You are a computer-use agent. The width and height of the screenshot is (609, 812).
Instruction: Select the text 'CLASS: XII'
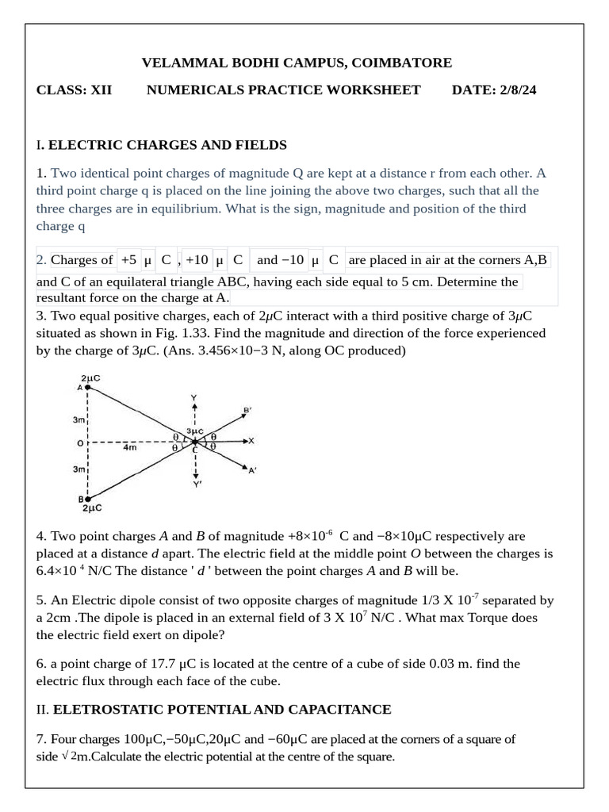pyautogui.click(x=75, y=90)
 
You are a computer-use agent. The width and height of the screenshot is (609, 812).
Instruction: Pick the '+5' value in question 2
pyautogui.click(x=129, y=259)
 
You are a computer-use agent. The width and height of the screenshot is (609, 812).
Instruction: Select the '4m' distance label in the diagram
pyautogui.click(x=130, y=448)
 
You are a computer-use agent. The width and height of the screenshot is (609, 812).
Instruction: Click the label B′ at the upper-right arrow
pyautogui.click(x=247, y=410)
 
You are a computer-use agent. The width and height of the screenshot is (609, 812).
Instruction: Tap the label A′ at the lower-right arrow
pyautogui.click(x=252, y=471)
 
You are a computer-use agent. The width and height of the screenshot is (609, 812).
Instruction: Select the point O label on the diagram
pyautogui.click(x=80, y=442)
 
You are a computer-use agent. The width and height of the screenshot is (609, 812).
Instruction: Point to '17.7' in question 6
pyautogui.click(x=163, y=663)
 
